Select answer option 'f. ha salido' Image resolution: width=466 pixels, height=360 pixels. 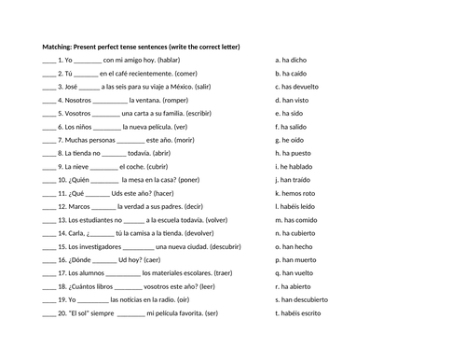[x=295, y=126]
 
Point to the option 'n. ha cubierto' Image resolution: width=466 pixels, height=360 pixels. [x=299, y=233]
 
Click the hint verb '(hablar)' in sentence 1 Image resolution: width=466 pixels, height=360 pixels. [x=169, y=59]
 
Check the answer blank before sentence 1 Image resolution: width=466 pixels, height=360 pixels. [x=48, y=59]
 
